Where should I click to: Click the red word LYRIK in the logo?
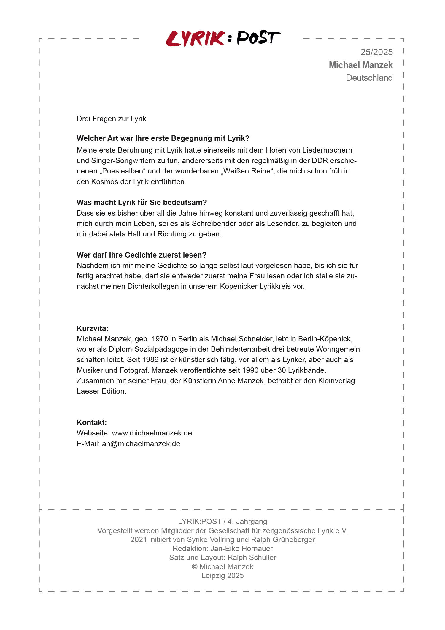(x=195, y=39)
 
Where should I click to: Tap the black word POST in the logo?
(x=258, y=38)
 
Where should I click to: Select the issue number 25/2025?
(x=376, y=52)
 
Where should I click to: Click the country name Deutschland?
(x=369, y=78)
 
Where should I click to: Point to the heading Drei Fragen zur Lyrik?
(x=111, y=119)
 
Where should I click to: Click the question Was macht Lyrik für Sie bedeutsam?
(x=142, y=203)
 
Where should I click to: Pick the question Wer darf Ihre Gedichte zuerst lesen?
(x=141, y=255)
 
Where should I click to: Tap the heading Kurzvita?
(x=93, y=329)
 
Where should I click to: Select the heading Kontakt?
(x=92, y=423)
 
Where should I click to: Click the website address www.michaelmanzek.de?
(x=152, y=433)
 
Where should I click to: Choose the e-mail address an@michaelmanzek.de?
(x=141, y=444)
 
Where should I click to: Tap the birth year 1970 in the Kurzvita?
(x=160, y=339)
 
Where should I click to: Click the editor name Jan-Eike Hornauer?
(x=241, y=549)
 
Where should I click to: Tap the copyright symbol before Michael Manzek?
(x=195, y=567)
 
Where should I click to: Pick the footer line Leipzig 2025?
(x=223, y=576)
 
